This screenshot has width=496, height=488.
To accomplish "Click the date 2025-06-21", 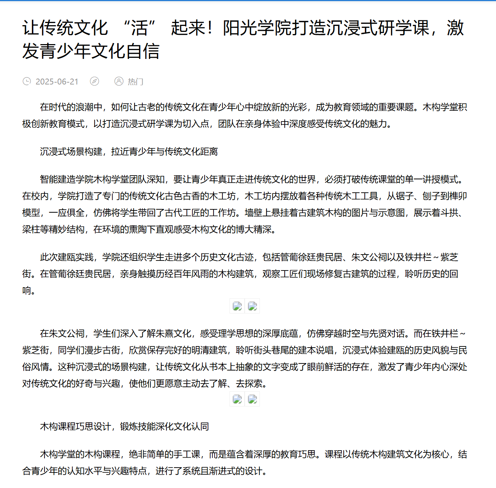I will (x=57, y=82).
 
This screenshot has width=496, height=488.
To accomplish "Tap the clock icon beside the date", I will (x=27, y=81).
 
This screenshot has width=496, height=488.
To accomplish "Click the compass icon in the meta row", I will (x=95, y=81).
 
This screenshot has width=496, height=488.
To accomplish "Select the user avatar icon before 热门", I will (x=119, y=81).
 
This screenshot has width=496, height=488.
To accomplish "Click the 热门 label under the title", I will (x=135, y=82).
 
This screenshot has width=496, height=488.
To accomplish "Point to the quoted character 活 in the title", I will (x=139, y=28).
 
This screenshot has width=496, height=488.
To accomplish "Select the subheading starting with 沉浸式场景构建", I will (x=129, y=152).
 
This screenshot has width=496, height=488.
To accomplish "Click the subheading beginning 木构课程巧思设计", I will (x=124, y=426).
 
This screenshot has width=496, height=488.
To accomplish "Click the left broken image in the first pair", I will (x=237, y=306).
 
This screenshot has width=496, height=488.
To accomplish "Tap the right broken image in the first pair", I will (x=252, y=306).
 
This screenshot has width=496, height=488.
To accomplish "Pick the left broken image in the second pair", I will (x=237, y=399).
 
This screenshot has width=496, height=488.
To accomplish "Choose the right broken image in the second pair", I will (x=252, y=399).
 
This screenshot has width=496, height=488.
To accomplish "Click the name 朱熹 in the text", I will (x=165, y=333).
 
